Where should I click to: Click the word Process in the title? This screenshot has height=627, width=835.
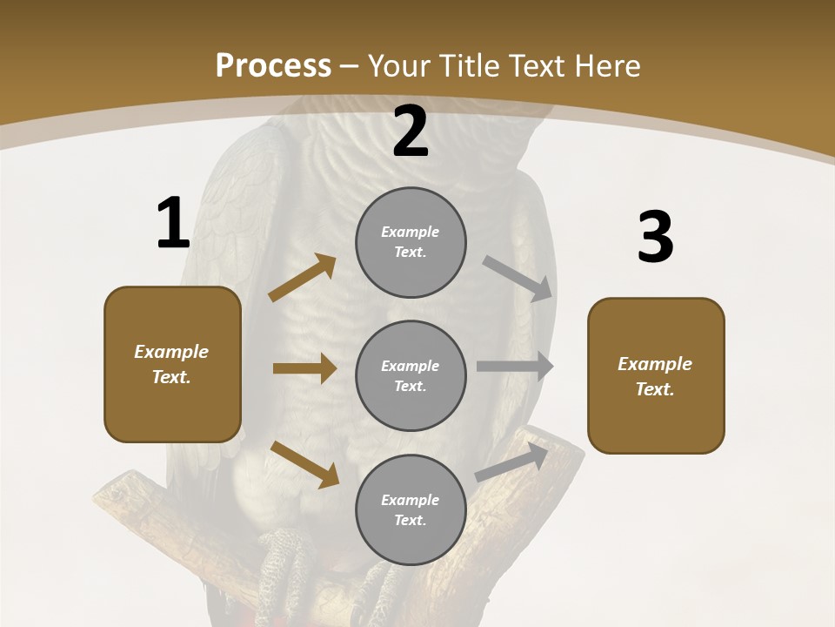[273, 65]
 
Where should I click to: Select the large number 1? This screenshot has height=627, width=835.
[173, 225]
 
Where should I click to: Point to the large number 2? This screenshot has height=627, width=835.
[411, 132]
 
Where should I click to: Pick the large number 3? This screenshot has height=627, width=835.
[655, 238]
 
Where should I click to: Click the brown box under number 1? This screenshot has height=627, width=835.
[172, 364]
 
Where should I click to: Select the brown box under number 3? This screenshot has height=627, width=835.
[656, 376]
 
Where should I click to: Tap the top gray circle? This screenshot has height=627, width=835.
[411, 242]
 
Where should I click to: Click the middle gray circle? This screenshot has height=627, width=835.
[411, 375]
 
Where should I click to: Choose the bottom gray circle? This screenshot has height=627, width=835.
[411, 509]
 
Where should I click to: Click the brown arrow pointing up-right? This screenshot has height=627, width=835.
[302, 278]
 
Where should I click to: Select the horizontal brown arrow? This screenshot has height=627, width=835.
[304, 368]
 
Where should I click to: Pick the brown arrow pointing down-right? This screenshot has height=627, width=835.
[304, 463]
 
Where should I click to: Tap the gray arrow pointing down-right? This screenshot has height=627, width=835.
[518, 278]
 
